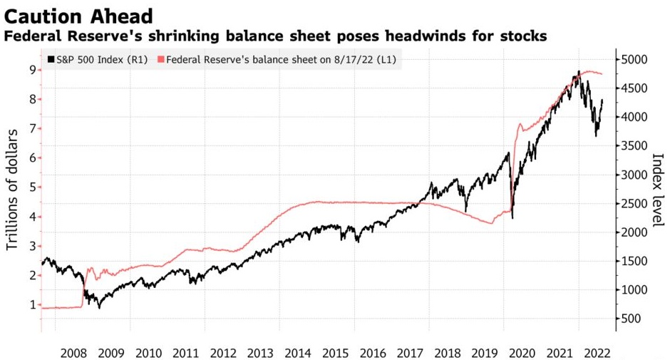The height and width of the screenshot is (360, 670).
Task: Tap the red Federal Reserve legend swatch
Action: (x=160, y=60)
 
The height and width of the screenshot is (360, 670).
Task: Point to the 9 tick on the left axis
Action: (x=32, y=69)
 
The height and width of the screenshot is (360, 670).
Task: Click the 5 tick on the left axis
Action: (x=32, y=187)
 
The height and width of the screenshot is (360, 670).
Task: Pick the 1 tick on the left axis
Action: (x=32, y=304)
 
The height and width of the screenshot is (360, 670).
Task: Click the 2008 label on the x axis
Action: (x=73, y=352)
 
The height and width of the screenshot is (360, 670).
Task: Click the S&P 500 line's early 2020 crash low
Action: (x=512, y=217)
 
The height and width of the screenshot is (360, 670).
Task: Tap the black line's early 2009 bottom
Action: (x=100, y=307)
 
